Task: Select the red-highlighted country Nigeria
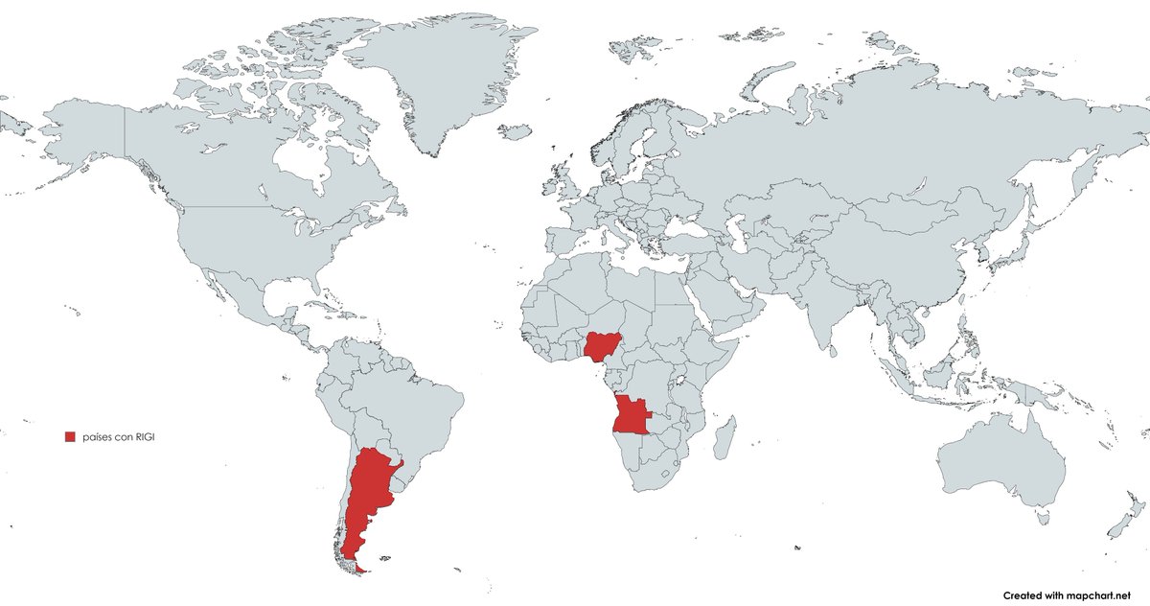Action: (601, 346)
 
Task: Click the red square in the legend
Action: (69, 437)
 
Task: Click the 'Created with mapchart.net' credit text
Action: (1073, 595)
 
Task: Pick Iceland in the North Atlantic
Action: (517, 130)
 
